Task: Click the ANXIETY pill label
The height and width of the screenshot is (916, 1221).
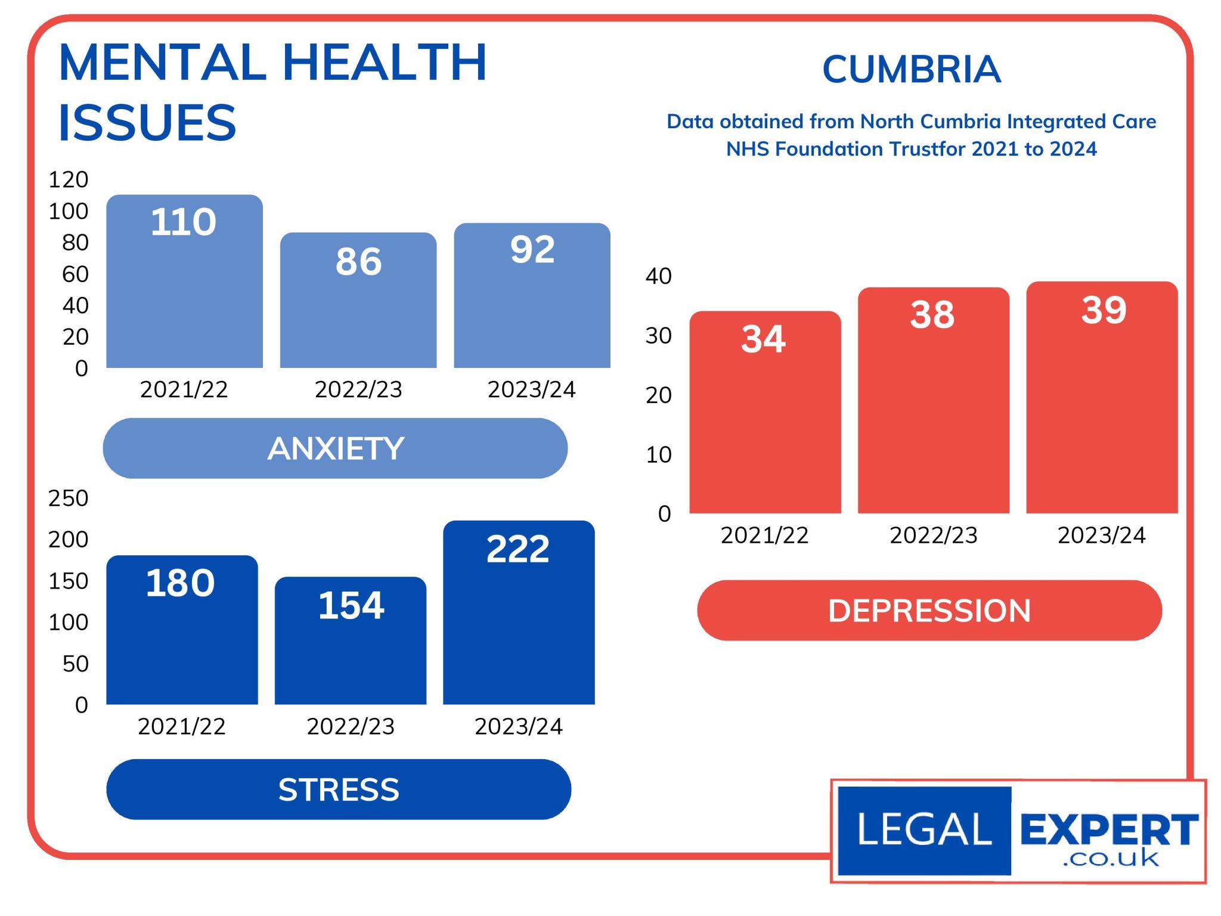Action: tap(335, 448)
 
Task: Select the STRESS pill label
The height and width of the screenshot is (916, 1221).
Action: tap(339, 790)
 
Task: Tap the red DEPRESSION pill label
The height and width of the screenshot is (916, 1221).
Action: tap(929, 611)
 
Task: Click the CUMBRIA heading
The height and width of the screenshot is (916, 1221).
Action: tap(911, 70)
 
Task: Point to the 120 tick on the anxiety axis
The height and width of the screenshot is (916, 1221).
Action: tap(69, 180)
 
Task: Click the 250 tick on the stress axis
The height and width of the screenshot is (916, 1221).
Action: tap(69, 498)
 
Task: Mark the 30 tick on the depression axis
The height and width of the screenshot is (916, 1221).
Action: tap(658, 336)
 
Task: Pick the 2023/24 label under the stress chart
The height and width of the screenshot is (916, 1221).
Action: tap(518, 726)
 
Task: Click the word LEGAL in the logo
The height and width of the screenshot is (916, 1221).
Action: tap(924, 830)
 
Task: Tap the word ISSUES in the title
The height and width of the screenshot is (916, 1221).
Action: tap(147, 123)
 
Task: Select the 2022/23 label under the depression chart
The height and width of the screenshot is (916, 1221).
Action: tap(933, 536)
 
